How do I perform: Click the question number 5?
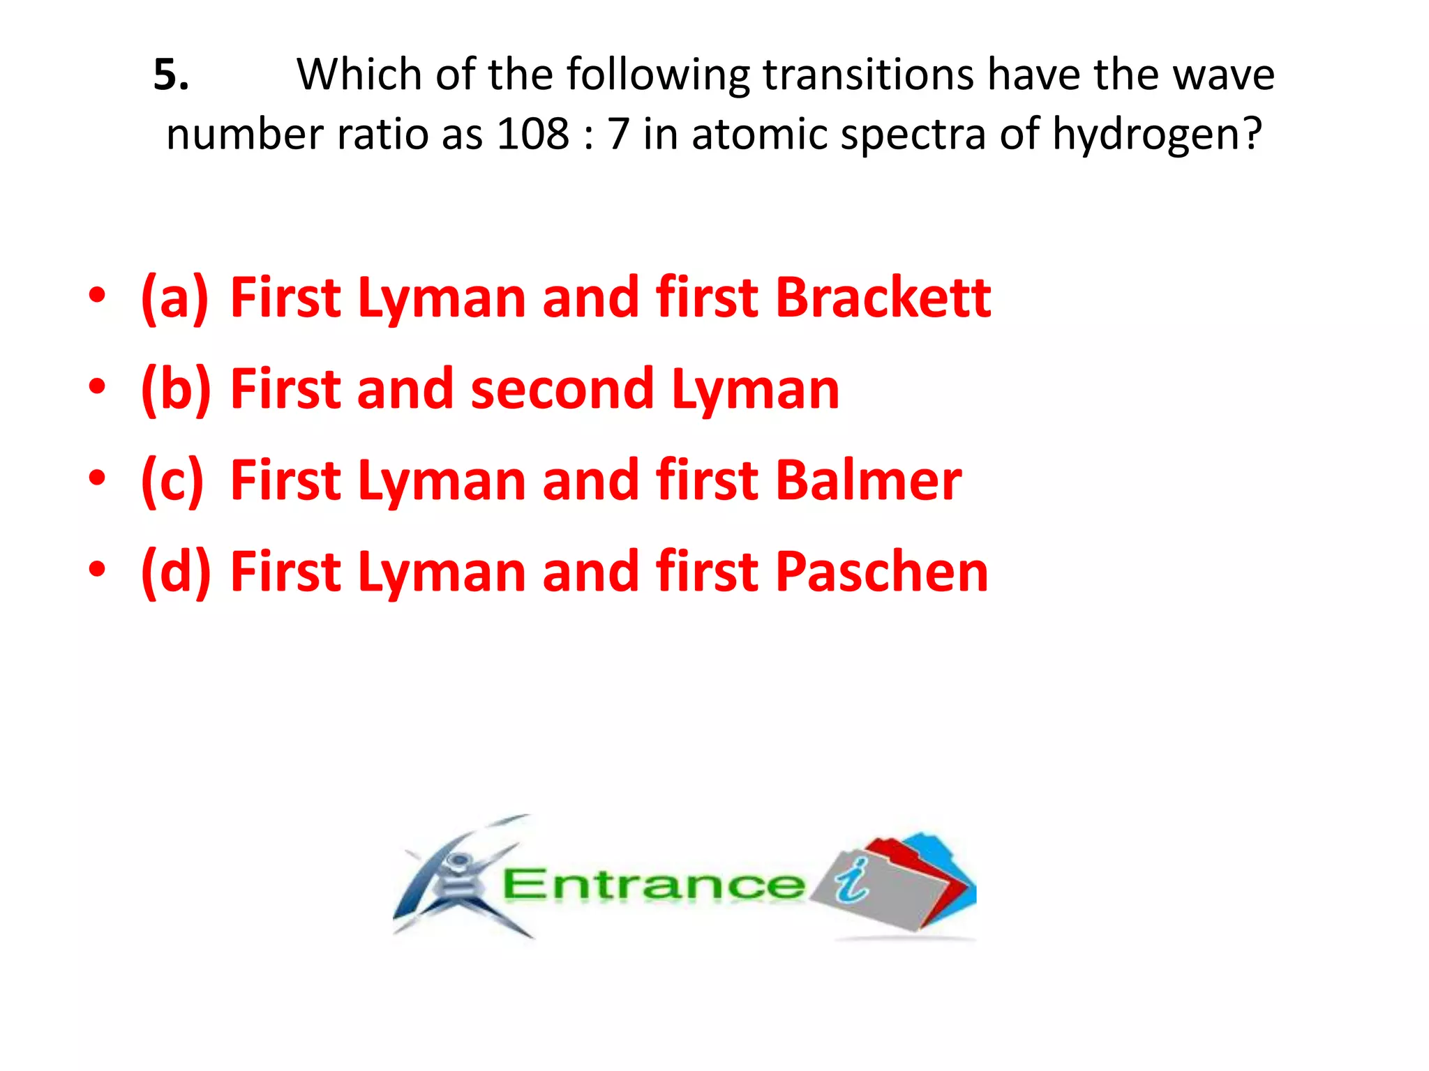(x=170, y=74)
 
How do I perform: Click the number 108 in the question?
(x=532, y=134)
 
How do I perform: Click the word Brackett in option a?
(x=883, y=298)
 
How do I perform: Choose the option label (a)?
(x=174, y=298)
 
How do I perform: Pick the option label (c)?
(x=172, y=480)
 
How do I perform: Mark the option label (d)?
(x=175, y=572)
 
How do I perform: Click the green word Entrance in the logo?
(x=652, y=885)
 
